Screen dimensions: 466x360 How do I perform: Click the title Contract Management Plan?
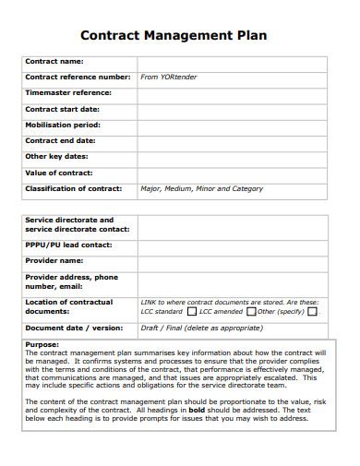pos(174,36)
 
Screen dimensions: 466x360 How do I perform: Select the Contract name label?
pos(54,62)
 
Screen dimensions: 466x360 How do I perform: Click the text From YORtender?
pos(169,78)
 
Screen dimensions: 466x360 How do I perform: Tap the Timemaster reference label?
pos(67,93)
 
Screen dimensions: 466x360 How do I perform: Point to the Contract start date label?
pos(62,109)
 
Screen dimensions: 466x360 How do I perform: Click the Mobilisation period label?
pos(63,125)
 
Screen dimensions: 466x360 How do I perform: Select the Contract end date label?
pos(60,140)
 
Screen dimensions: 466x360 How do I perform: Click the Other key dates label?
pos(56,157)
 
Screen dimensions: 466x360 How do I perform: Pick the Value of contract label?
pos(60,173)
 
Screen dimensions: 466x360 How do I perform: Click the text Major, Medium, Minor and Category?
pos(201,188)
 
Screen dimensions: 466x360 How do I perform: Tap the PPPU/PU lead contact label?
pos(68,245)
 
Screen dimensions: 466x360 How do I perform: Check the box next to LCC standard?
pos(191,312)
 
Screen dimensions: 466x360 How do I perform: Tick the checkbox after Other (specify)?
pos(312,312)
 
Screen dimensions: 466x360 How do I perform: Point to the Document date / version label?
pos(73,328)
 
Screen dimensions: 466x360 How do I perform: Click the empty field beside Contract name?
pos(231,62)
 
